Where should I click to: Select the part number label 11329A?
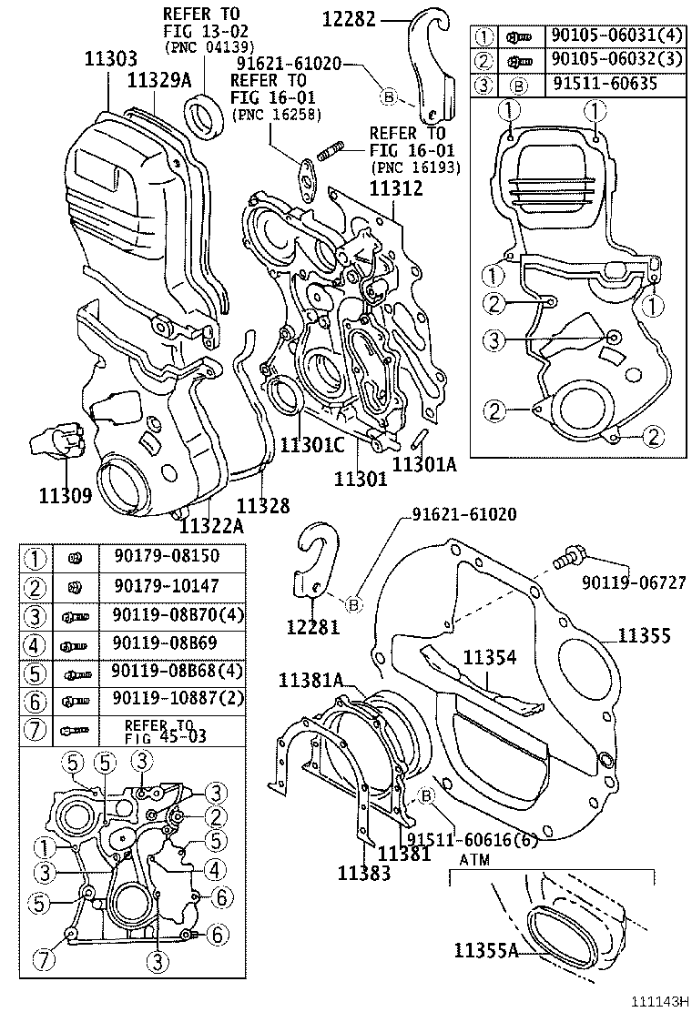[x=160, y=81]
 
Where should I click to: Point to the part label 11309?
[x=65, y=496]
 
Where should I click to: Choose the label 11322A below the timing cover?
[x=210, y=525]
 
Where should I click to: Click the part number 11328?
[x=263, y=505]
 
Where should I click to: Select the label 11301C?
[x=311, y=445]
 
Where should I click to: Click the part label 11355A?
[x=485, y=951]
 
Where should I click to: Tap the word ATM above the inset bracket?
[x=475, y=858]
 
